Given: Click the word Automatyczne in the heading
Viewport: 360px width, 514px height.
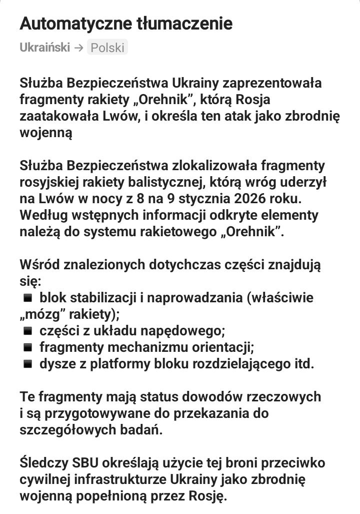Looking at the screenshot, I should [x=71, y=24].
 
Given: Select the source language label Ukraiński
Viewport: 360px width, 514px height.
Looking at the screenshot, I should [x=44, y=48].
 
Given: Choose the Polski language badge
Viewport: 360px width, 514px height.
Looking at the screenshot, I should [x=107, y=48].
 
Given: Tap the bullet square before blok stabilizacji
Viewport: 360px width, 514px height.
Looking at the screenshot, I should [x=28, y=298].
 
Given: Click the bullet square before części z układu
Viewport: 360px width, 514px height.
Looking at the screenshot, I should [x=28, y=331].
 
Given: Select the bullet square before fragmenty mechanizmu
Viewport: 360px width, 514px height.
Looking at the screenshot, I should [x=28, y=347].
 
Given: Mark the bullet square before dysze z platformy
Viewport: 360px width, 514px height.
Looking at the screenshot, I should [x=28, y=363].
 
